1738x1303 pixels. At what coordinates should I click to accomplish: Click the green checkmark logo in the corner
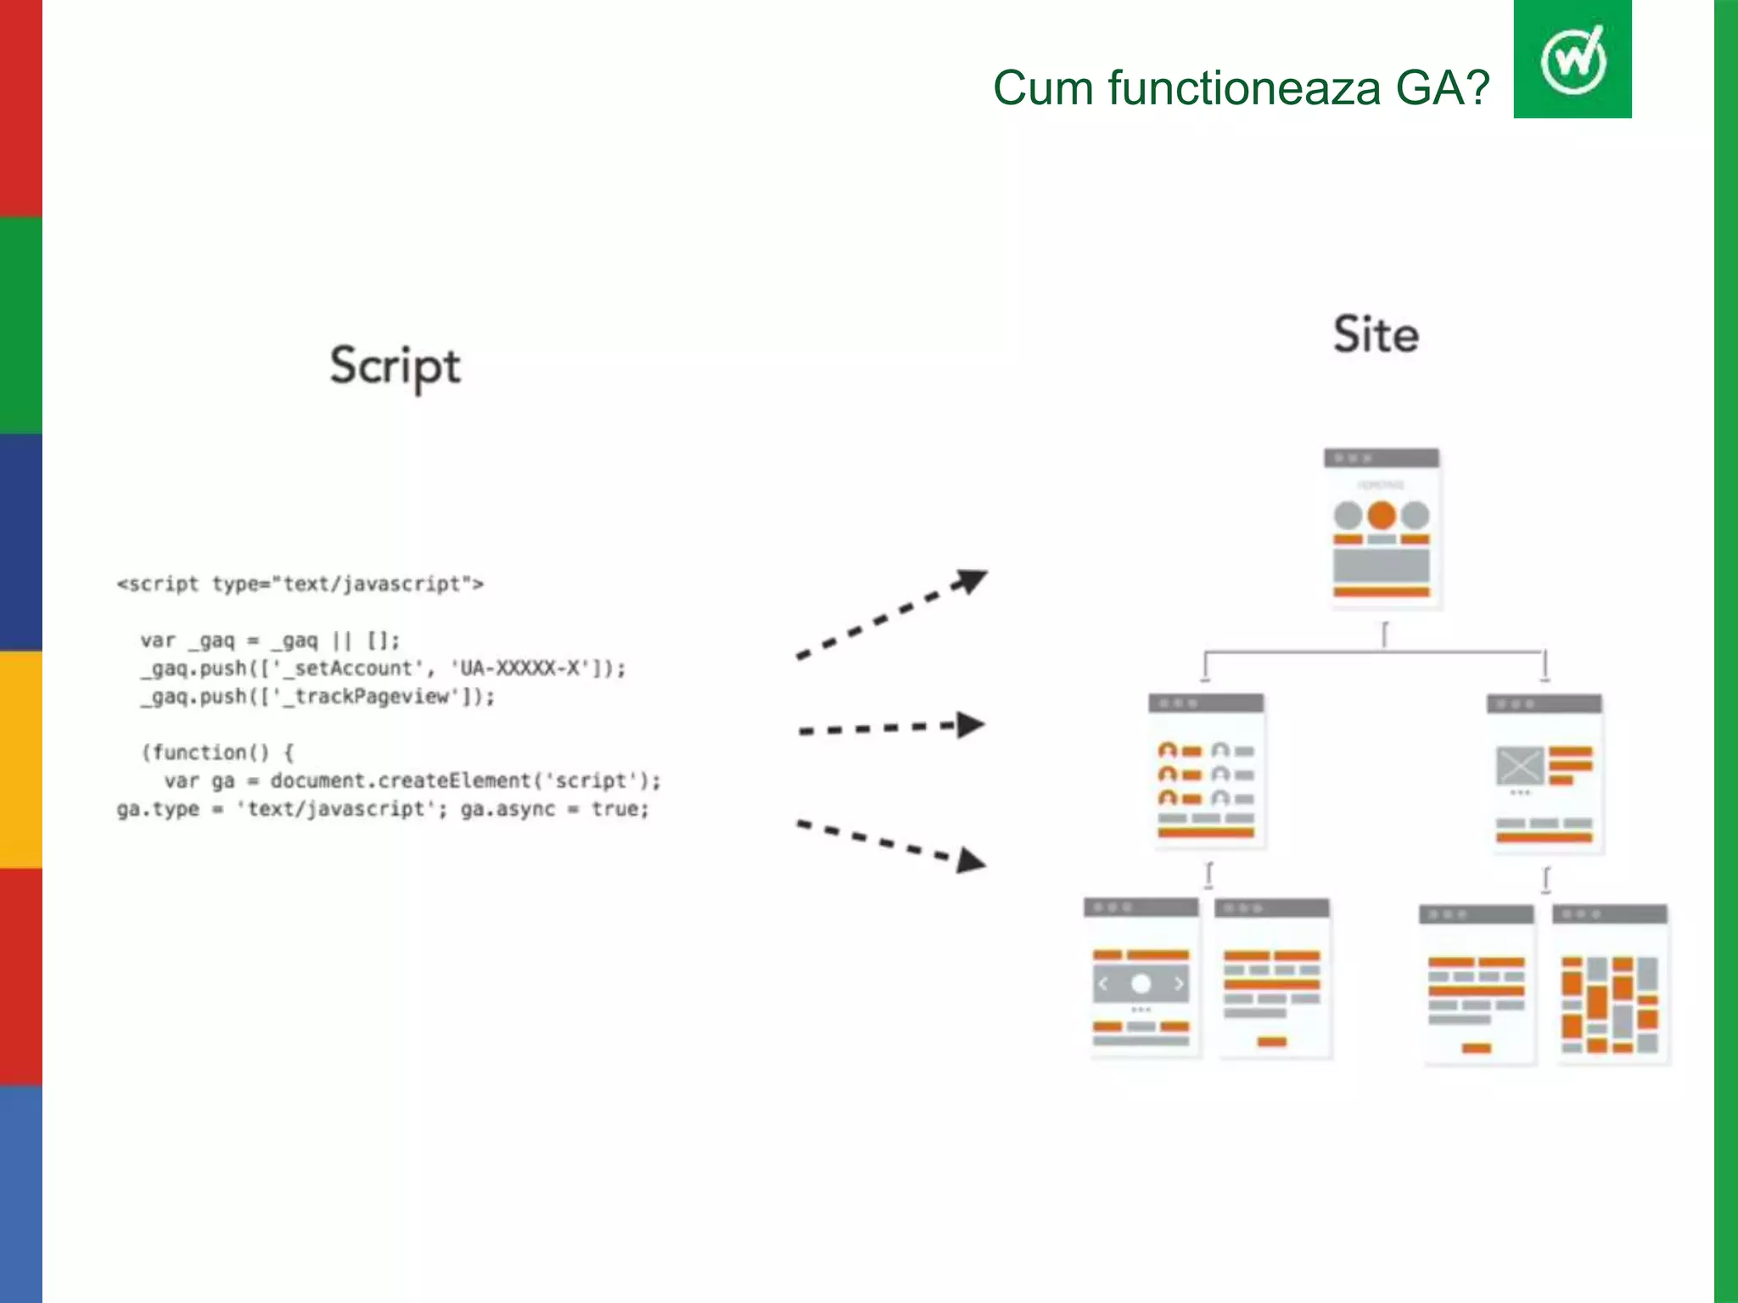point(1573,59)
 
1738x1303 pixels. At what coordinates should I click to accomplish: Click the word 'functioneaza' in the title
point(1244,88)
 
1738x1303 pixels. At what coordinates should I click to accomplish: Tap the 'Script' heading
point(395,366)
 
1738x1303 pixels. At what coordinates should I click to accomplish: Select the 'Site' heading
point(1376,334)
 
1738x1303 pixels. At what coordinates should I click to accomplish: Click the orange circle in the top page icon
point(1382,515)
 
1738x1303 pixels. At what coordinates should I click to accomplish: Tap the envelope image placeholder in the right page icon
point(1519,766)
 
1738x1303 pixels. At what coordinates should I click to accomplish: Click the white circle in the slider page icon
point(1141,983)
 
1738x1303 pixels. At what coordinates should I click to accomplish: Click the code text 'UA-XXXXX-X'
point(519,668)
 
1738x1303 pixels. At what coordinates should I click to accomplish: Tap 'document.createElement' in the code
point(400,780)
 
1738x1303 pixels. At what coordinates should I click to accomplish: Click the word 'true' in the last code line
point(616,809)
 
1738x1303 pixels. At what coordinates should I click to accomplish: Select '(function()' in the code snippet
point(205,752)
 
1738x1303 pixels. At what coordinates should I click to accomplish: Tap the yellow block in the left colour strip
point(20,759)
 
